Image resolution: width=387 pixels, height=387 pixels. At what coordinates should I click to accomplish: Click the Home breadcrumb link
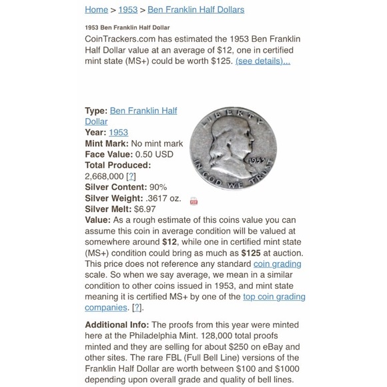click(x=96, y=9)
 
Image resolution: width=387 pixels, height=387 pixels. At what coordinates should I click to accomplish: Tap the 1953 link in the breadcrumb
click(x=127, y=9)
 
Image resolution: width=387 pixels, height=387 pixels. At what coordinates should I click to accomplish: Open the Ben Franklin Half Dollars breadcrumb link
click(x=196, y=9)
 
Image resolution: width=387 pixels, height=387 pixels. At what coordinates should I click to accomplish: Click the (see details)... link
click(x=263, y=61)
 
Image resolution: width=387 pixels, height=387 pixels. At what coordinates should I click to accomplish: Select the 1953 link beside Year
click(x=118, y=132)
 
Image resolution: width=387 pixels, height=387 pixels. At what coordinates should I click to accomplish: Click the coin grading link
click(x=277, y=264)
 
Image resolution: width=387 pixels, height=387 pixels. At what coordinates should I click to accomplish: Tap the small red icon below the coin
click(x=194, y=201)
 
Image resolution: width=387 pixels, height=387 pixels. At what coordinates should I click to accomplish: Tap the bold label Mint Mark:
click(x=107, y=143)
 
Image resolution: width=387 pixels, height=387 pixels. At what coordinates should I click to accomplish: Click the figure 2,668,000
click(x=104, y=176)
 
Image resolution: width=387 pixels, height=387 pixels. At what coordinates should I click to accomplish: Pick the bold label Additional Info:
click(x=121, y=324)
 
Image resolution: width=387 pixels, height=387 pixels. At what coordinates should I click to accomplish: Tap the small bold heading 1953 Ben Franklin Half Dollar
click(x=127, y=27)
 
